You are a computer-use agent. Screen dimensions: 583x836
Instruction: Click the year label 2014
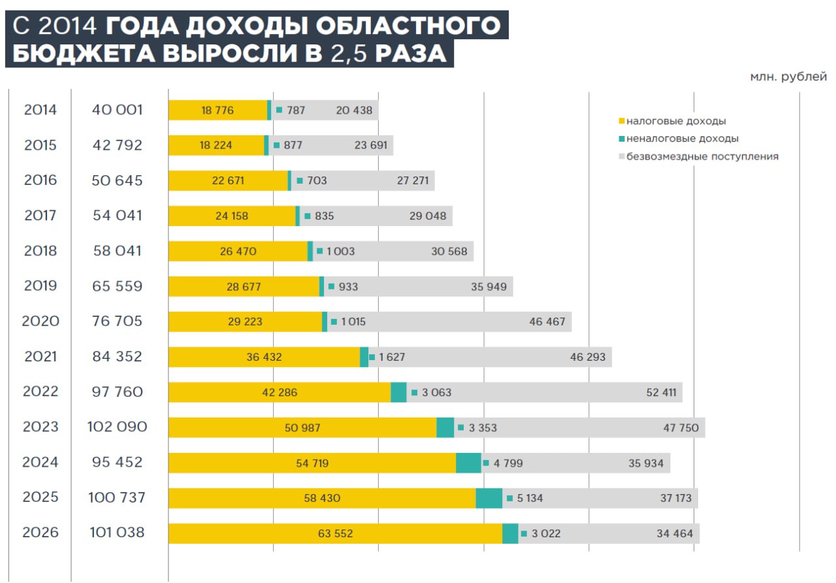coord(40,110)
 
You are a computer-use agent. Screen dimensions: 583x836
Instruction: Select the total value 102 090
coord(117,427)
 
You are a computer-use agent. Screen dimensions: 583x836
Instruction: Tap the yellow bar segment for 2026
coord(335,533)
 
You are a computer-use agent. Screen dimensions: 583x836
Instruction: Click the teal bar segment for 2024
coord(468,463)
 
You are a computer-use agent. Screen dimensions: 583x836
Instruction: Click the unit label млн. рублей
coord(788,77)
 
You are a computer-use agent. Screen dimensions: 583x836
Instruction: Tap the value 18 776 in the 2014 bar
coord(217,110)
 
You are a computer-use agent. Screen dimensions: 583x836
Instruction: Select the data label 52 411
coord(660,392)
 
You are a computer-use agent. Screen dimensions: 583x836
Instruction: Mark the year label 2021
coord(40,357)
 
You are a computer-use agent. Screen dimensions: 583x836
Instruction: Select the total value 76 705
coord(117,322)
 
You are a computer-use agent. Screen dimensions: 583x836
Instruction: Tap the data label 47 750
coord(681,427)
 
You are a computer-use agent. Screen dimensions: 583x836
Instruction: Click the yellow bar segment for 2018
coord(238,251)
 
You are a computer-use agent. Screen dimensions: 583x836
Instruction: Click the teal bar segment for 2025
coord(489,498)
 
